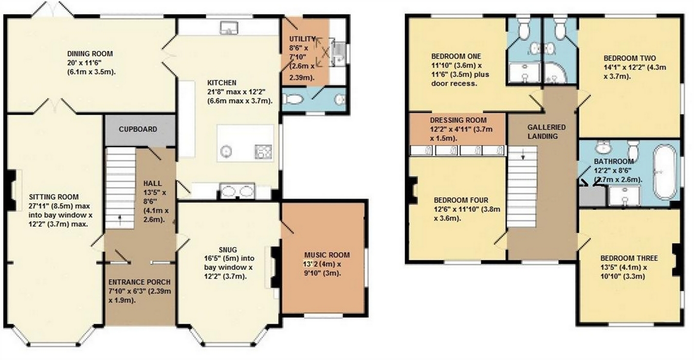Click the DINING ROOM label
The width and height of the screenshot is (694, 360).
point(90,53)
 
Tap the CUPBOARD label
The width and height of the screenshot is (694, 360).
point(138,129)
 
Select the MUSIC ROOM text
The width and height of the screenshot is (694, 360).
point(326,255)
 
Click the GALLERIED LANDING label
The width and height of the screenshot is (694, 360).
point(546,132)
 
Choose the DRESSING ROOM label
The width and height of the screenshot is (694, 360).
point(458,120)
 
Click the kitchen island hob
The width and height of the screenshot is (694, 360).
point(263,151)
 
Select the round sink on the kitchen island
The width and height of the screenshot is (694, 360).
point(227,151)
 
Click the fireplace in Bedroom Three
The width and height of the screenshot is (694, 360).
point(677,257)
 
